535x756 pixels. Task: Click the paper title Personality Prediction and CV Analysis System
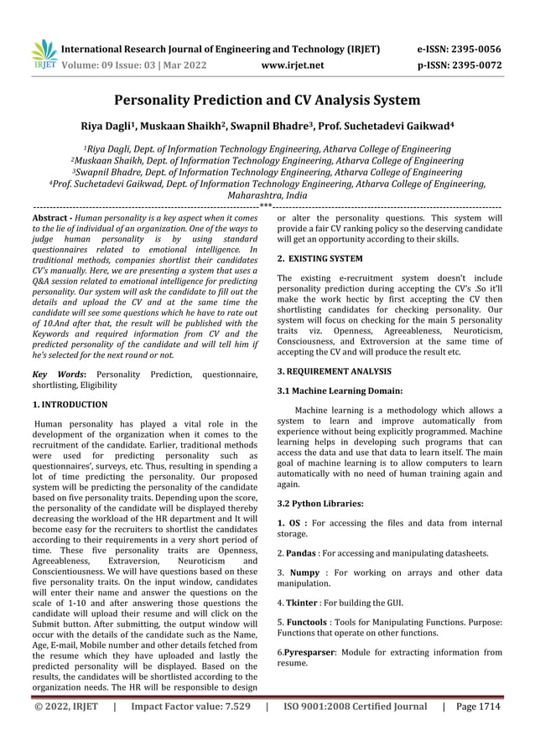[267, 101]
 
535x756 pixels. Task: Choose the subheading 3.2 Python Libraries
[319, 504]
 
